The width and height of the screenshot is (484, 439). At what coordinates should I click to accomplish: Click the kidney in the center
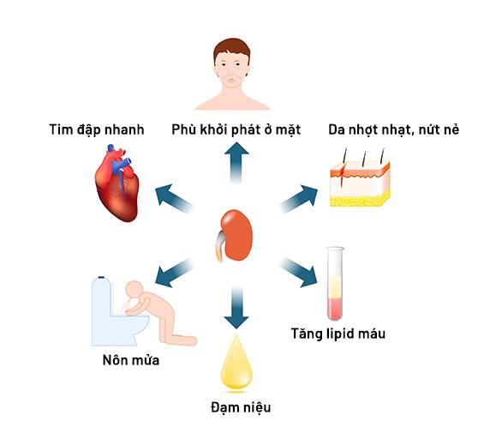236,236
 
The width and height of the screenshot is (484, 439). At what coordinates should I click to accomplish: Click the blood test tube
335,283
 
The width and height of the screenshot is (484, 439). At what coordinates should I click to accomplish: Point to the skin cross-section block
360,183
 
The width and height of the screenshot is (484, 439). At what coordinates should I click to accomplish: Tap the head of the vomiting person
134,290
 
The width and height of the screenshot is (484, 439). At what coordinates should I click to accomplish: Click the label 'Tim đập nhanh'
97,129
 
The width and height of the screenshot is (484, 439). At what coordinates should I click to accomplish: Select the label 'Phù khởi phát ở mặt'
236,129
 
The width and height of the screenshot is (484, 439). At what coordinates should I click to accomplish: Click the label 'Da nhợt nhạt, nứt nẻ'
393,129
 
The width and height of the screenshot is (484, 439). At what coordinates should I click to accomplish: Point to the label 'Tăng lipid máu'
338,334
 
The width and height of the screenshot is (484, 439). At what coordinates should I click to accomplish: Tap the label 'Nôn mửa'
131,360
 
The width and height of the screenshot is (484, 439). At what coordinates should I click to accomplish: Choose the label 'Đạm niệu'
241,407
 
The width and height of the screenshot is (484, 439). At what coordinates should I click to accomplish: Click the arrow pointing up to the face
236,163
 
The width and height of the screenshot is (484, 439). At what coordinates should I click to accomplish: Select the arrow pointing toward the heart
175,199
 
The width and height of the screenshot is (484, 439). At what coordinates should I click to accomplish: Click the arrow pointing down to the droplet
236,307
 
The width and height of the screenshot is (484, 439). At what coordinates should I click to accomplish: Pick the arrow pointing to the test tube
298,273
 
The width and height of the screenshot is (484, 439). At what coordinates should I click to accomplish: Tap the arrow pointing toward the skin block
298,199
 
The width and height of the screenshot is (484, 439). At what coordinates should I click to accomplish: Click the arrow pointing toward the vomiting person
175,273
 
